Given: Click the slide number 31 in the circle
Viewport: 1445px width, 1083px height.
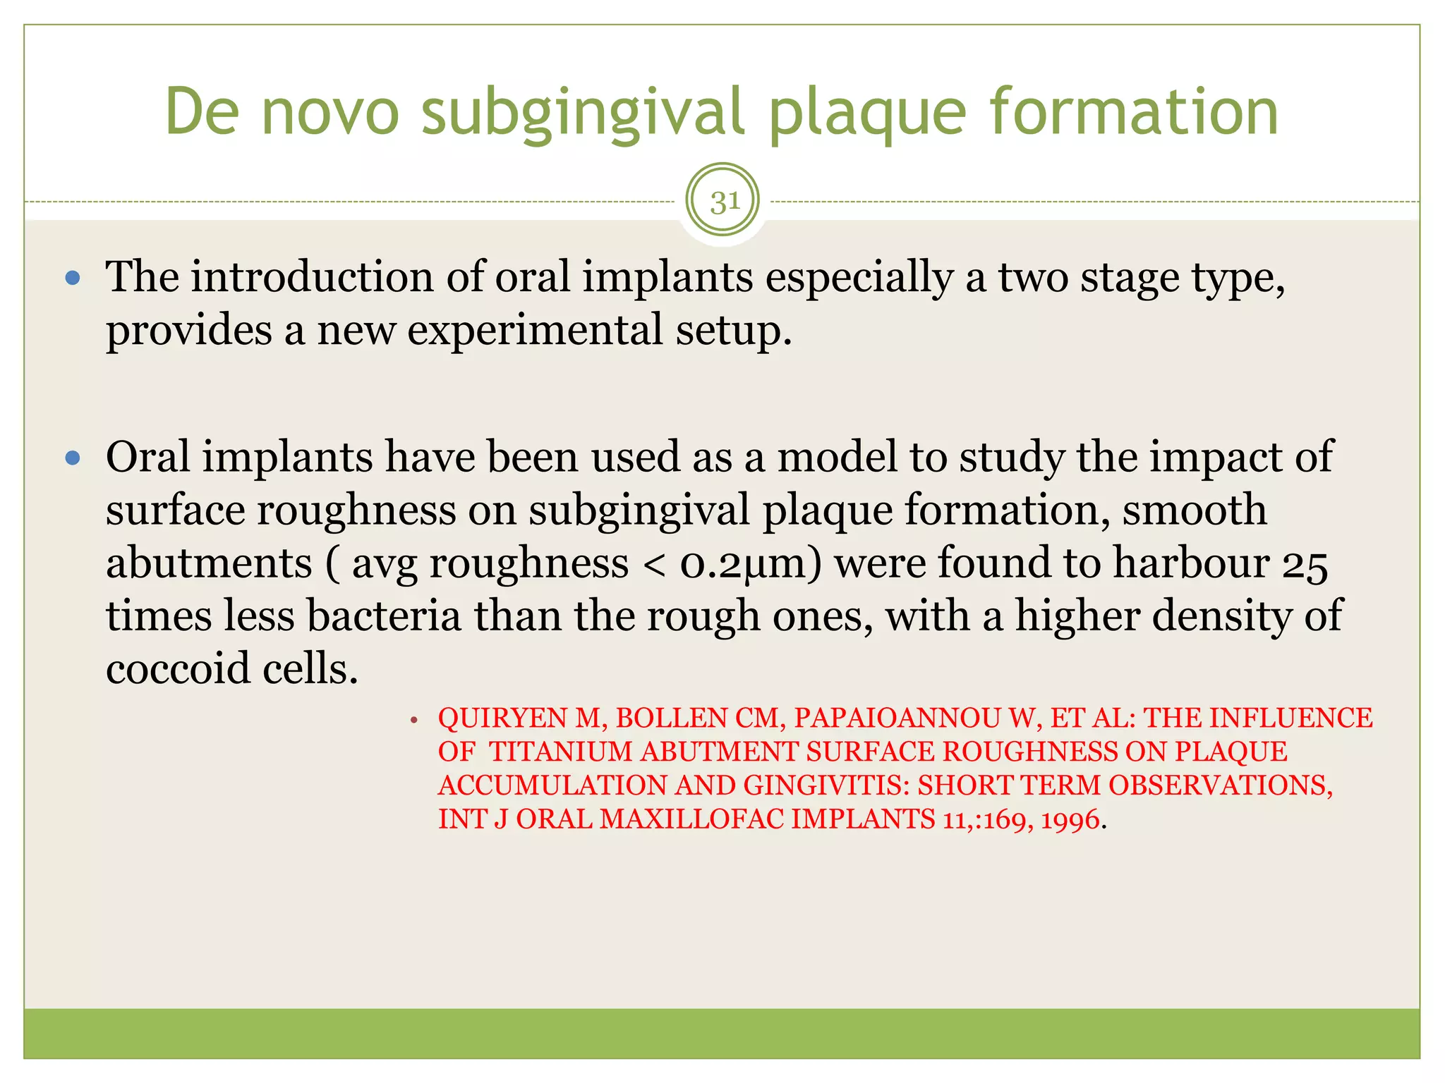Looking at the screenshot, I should [724, 202].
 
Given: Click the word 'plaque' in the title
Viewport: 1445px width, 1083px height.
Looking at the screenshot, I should [867, 113].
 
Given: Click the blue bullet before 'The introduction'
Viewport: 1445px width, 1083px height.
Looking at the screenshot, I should [73, 278].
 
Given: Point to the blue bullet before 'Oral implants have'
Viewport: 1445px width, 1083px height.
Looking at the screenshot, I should [73, 459].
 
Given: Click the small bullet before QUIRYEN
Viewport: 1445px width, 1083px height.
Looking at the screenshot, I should [414, 721].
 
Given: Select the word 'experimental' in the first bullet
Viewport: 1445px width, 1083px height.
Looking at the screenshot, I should [536, 330].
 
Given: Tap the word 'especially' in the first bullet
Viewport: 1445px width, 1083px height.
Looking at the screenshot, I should [859, 277].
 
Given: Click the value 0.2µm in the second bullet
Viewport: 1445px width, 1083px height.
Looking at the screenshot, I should [751, 563].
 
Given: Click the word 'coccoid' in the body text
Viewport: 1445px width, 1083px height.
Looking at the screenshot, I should [178, 668].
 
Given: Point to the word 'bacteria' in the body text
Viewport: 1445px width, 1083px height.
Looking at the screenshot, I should [384, 616].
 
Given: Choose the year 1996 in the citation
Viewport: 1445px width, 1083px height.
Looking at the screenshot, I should [1070, 820].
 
